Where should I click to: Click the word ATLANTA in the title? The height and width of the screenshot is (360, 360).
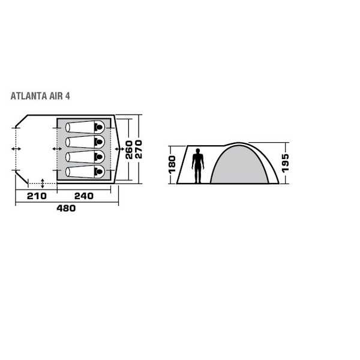28,95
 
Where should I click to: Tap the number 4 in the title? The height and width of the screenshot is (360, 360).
68,95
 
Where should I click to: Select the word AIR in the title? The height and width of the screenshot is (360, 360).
56,95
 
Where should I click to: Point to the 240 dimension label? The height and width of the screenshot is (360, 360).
83,196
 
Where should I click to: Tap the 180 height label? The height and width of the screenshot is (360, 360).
172,164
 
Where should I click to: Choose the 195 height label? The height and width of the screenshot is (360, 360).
285,163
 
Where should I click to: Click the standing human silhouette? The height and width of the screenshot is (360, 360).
197,167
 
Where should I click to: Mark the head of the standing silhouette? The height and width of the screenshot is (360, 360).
197,153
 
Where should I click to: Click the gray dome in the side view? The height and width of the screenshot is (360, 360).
239,165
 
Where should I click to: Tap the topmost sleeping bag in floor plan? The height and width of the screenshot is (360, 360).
84,127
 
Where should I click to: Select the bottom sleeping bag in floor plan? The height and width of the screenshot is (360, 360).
84,172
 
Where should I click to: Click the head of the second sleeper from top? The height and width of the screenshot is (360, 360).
99,142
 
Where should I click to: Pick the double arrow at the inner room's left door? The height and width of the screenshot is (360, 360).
57,148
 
